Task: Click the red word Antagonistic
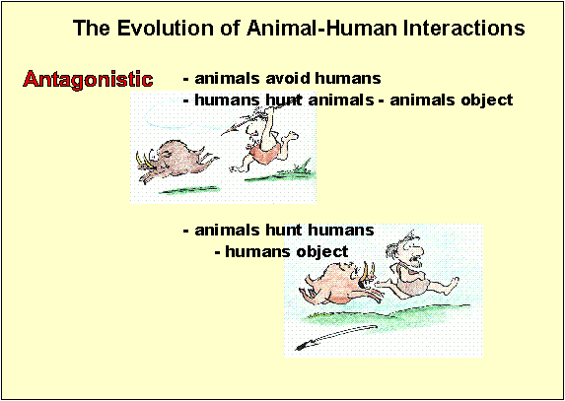point(88,79)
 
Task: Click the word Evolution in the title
point(154,28)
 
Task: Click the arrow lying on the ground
point(336,337)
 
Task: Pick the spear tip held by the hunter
point(228,129)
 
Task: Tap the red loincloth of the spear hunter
point(265,153)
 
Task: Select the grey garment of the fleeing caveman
point(412,281)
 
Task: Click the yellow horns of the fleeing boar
point(143,159)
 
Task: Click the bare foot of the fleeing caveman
point(452,286)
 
